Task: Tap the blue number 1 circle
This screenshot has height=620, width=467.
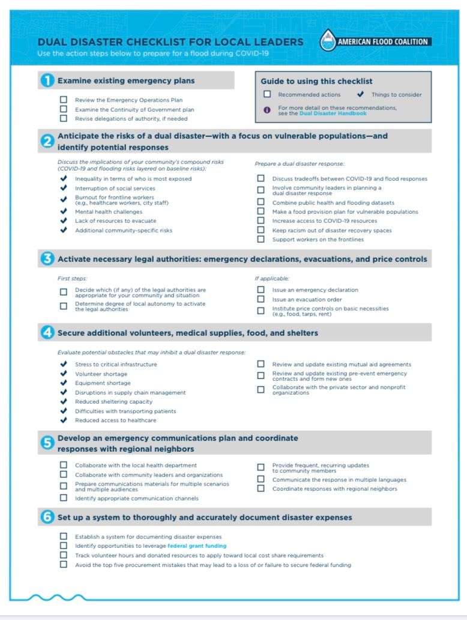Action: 47,81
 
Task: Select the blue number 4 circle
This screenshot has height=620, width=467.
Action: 47,332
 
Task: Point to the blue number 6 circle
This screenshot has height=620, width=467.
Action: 47,517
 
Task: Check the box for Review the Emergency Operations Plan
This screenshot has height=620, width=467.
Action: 64,100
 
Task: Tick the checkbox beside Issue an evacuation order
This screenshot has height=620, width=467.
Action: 261,299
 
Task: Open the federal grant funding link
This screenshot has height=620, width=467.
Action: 197,546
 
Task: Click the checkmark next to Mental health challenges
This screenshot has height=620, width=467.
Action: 64,211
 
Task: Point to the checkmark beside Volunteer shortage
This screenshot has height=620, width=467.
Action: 64,374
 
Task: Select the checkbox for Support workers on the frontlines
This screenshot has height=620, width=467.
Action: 261,239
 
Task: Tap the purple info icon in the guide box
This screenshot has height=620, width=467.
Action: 267,109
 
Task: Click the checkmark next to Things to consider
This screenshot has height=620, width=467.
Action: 360,94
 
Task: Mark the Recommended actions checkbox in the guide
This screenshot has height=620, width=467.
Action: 267,94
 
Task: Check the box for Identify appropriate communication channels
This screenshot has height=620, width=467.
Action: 64,498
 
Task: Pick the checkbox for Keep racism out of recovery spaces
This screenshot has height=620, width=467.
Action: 261,230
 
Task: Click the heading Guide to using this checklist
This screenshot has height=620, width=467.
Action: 316,81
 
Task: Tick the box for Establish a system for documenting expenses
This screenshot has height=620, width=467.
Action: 64,536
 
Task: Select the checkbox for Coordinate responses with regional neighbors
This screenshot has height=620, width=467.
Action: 261,488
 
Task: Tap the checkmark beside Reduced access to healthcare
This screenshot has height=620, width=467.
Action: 64,420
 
